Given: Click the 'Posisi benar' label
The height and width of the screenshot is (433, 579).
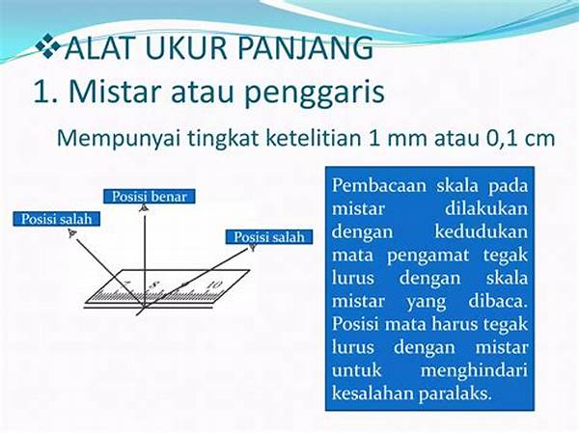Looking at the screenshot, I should coord(150,197).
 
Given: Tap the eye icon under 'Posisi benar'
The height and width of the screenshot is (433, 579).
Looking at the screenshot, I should coord(143,207).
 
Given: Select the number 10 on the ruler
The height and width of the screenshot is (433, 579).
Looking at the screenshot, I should coord(213,284).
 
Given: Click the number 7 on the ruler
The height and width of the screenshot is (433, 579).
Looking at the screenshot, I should coord(125,284).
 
